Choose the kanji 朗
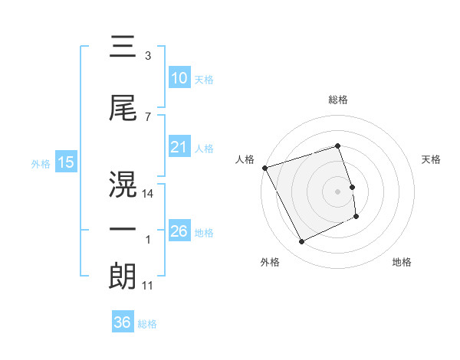click(x=123, y=276)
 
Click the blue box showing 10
click(x=179, y=78)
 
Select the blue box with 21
click(x=179, y=147)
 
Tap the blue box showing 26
click(x=179, y=231)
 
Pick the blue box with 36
click(x=122, y=322)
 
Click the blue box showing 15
click(x=64, y=162)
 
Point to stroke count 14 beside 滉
click(x=148, y=195)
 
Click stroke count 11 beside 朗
click(x=148, y=286)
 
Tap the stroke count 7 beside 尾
click(x=148, y=116)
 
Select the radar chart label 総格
click(x=337, y=100)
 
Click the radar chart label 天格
click(x=432, y=159)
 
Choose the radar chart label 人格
click(x=245, y=159)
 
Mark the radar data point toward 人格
click(x=264, y=168)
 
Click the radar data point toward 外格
click(x=301, y=242)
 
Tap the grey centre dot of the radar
click(x=337, y=191)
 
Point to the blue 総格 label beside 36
click(x=147, y=324)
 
